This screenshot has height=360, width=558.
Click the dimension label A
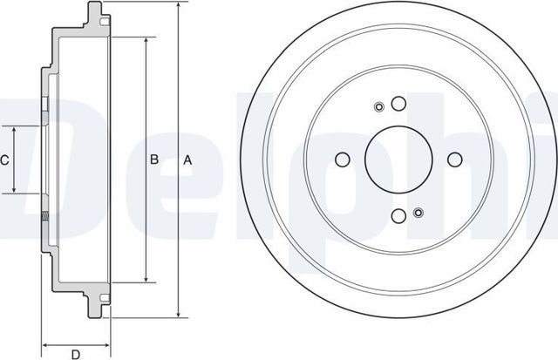coord(186,160)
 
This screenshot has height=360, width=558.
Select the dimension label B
coord(153,160)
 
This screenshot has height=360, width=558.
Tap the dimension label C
coord(4,160)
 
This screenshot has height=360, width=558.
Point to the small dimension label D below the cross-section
coord(76,353)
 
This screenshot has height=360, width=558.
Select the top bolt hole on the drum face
coord(398,104)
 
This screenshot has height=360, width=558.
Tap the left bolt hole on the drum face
coord(342,160)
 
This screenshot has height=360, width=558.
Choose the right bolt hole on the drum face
coord(453,160)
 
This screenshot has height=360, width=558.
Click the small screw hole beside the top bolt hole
coord(379,108)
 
